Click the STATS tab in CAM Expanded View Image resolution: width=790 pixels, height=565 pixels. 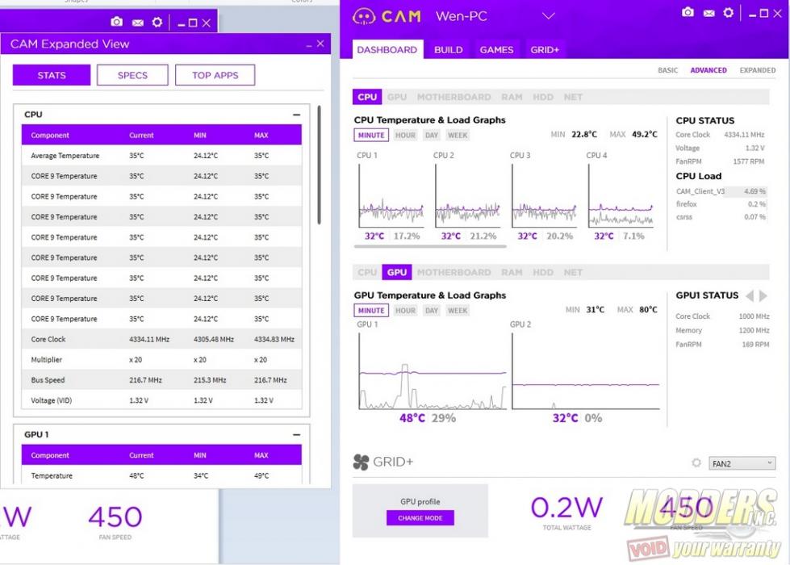52,75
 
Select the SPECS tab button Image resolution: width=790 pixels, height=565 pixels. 132,75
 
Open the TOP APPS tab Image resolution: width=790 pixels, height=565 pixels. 215,75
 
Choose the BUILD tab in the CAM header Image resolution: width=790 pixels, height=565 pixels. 449,49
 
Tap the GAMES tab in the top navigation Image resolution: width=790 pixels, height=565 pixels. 496,49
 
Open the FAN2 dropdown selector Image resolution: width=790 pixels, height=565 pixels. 742,463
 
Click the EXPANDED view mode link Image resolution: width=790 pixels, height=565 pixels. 757,70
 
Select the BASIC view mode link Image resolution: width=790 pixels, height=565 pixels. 667,70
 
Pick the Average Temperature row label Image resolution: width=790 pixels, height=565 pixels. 65,156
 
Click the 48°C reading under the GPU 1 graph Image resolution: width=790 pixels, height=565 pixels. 412,418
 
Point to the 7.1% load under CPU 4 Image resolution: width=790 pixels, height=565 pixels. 633,236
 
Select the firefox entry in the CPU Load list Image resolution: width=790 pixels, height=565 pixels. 687,204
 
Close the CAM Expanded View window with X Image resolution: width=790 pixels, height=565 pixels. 320,44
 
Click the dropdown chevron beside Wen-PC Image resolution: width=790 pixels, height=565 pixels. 549,15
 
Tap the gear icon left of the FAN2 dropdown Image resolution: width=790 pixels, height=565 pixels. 696,463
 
